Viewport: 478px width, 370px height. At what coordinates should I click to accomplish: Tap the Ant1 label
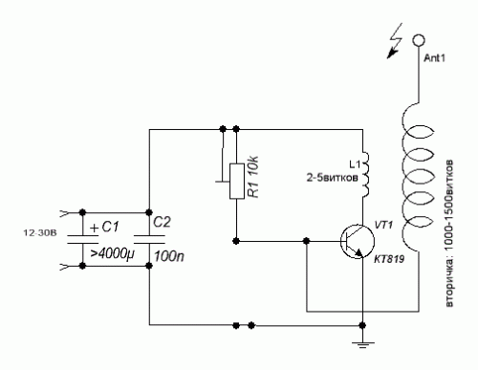(434, 58)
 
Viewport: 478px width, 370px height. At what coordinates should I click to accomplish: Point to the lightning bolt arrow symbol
(395, 41)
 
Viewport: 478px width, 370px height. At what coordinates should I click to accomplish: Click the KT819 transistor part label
(389, 259)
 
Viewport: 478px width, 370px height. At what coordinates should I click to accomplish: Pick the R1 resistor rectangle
(237, 181)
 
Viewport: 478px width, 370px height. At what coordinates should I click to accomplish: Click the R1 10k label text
(253, 177)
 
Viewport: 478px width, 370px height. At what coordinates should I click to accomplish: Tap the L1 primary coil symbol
(365, 174)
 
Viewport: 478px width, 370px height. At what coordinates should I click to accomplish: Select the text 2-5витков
(332, 178)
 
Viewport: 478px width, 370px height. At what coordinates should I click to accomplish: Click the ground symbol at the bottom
(362, 344)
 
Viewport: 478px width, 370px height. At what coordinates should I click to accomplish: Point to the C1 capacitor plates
(82, 239)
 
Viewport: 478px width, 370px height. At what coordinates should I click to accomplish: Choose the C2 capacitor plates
(149, 239)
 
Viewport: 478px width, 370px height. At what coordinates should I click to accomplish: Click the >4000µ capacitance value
(112, 254)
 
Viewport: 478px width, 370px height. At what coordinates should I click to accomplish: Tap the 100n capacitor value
(169, 256)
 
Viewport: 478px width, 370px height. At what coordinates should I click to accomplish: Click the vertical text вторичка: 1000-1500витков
(449, 233)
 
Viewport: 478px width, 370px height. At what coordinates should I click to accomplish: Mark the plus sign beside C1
(95, 229)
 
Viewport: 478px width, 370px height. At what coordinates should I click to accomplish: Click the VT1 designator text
(383, 225)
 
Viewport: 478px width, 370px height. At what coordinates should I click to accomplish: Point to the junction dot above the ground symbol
(362, 325)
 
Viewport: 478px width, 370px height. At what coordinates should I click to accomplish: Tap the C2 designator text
(162, 222)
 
